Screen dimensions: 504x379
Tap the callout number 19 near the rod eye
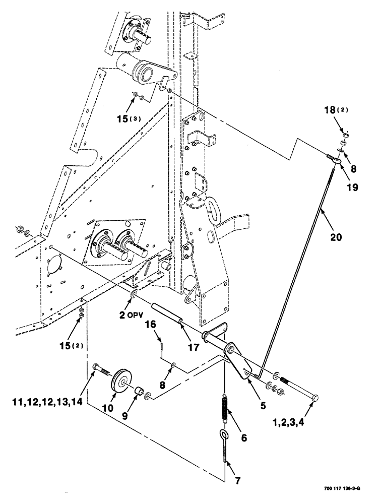(352, 187)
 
